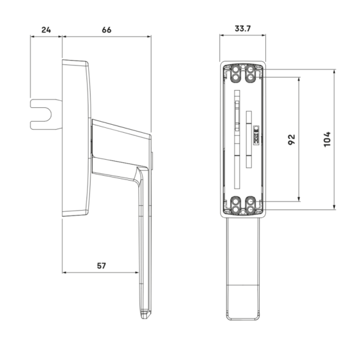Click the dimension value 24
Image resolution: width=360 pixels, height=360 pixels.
pos(46,30)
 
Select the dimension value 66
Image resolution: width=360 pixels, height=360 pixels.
pos(107,30)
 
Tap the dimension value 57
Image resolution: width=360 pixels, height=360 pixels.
pos(101,266)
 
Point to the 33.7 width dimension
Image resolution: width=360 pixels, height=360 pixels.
pos(242,29)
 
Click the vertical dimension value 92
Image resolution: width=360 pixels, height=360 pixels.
pos(292,139)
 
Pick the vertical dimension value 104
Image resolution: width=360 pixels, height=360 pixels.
pos(327,139)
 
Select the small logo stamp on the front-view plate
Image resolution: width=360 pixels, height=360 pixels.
pos(256,135)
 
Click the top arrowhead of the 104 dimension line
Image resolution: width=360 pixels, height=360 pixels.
pos(334,71)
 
